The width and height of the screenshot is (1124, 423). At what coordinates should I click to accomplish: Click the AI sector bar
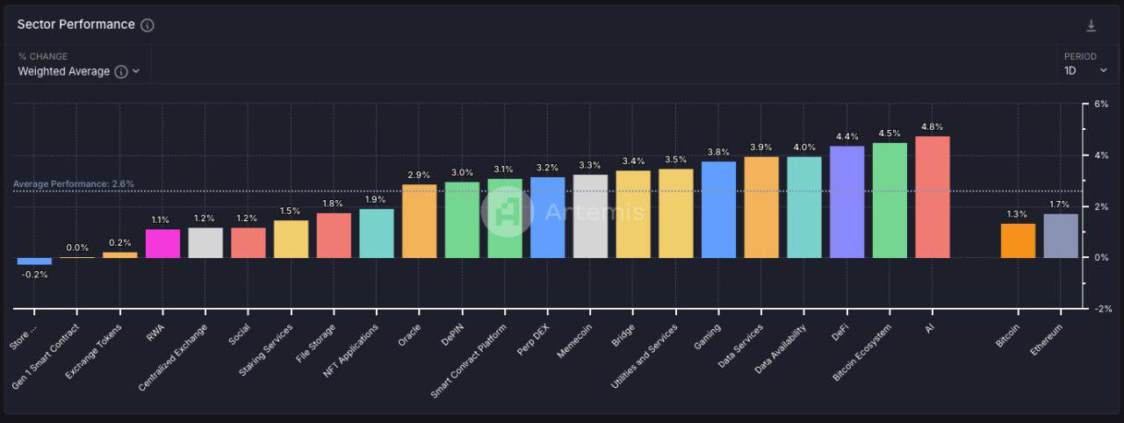tap(932, 197)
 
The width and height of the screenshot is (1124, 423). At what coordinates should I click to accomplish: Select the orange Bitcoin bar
tap(1018, 240)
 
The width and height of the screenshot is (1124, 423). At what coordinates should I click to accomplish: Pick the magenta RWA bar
tap(162, 243)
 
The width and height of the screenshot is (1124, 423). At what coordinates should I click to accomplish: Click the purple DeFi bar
tap(847, 202)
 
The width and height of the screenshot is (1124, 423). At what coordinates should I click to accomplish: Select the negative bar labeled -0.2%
tap(34, 261)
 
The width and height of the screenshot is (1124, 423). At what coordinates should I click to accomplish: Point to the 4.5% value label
tap(890, 134)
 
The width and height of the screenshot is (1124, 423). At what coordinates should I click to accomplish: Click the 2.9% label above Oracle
tap(419, 176)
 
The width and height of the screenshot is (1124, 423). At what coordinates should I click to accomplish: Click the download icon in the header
tap(1092, 25)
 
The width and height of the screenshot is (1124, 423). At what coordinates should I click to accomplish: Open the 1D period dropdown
tap(1085, 71)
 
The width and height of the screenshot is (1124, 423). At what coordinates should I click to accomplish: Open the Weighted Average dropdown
tap(79, 71)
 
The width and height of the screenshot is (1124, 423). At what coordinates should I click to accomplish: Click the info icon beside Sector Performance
tap(148, 25)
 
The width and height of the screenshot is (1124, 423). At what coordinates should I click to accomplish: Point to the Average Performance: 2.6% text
tap(74, 184)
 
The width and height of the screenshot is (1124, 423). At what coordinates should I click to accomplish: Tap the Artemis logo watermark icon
tap(507, 211)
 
